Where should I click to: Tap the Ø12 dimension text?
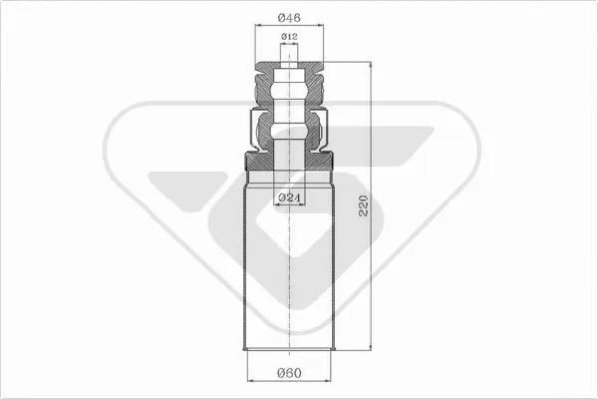288,37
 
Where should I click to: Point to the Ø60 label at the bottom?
288,375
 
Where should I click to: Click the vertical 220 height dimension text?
363,208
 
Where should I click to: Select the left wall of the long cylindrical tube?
245,269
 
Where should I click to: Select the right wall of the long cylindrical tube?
332,269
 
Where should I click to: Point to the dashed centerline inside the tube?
288,279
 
